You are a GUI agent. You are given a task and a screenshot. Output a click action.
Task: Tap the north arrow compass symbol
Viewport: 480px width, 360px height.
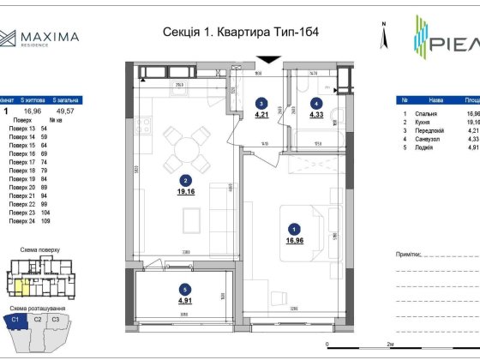[387, 34]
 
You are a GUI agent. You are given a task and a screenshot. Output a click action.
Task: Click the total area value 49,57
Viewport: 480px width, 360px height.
[66, 111]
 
